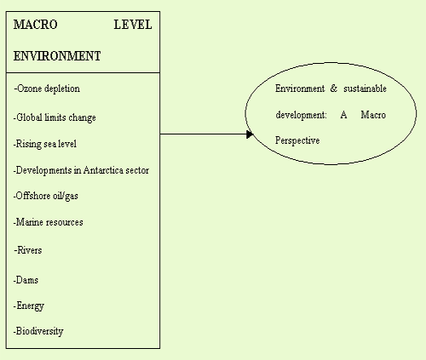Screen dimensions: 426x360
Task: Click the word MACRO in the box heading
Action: click(36, 25)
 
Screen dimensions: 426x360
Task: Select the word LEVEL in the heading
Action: click(133, 25)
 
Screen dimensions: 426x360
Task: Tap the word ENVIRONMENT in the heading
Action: click(57, 56)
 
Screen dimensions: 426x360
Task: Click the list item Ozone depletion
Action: click(47, 89)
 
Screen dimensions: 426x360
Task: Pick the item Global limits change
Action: click(55, 117)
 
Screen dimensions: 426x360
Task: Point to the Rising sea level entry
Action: click(45, 144)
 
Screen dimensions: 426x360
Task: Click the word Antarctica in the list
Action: click(103, 170)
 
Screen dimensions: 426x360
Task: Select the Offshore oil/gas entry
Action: click(46, 196)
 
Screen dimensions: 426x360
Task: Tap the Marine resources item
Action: click(49, 222)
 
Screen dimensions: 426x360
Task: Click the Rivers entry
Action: click(28, 250)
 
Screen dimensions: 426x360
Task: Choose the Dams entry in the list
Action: click(26, 280)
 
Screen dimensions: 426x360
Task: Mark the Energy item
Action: click(29, 306)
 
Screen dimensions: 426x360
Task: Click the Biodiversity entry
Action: click(38, 331)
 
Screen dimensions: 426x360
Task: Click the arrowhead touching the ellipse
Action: click(250, 134)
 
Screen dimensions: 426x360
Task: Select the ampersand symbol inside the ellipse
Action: click(334, 89)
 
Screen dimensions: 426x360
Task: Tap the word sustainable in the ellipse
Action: click(365, 89)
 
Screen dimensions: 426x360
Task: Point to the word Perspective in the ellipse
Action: click(297, 140)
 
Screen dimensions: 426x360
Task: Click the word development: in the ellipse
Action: click(301, 115)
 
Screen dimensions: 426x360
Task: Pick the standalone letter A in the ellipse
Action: click(343, 115)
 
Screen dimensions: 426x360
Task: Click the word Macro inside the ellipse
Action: click(373, 115)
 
